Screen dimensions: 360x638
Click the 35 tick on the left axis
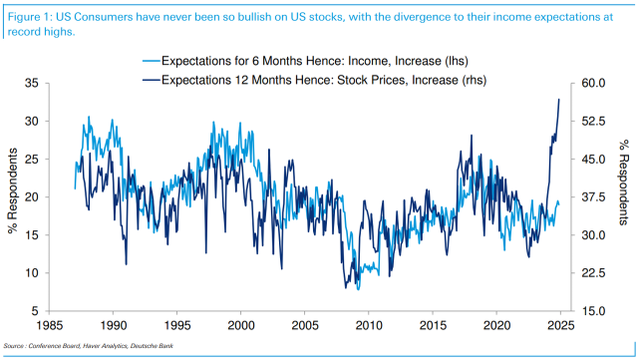click(x=32, y=83)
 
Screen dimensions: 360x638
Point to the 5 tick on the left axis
click(x=36, y=311)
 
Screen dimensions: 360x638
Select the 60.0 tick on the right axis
click(x=594, y=83)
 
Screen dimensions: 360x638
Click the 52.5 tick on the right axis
click(x=594, y=121)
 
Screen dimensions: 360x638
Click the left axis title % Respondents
click(x=13, y=196)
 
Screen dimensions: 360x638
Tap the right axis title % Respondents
click(x=625, y=196)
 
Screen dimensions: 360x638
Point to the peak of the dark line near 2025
click(x=559, y=99)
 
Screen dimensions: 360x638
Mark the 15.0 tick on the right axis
click(x=594, y=311)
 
